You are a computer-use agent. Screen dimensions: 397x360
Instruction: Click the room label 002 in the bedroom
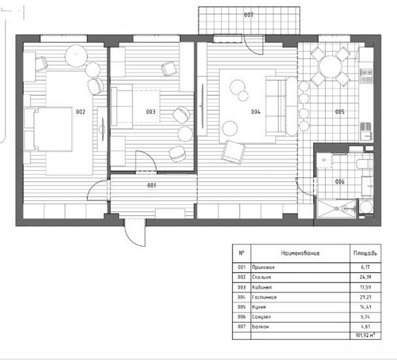tap(80, 112)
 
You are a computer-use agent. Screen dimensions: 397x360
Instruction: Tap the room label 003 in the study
tap(151, 112)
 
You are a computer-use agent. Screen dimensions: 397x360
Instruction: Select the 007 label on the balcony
tap(249, 15)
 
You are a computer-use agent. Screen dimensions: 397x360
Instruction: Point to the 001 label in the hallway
tap(152, 186)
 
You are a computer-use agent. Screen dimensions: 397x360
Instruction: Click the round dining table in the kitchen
tap(330, 67)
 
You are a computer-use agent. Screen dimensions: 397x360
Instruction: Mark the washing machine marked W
tap(324, 160)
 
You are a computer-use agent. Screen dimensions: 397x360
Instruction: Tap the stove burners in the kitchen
tap(366, 76)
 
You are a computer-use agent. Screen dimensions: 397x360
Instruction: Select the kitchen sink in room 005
tap(366, 135)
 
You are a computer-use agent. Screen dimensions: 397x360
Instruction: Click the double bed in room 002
tap(48, 130)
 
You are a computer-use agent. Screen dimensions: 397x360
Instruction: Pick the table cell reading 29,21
tap(365, 297)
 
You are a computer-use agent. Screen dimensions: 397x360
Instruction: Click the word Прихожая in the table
tap(263, 267)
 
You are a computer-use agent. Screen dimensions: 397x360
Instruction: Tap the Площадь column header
tap(365, 253)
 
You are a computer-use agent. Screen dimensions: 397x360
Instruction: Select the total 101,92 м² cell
tap(365, 335)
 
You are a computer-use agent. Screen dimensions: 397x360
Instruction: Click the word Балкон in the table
tap(260, 326)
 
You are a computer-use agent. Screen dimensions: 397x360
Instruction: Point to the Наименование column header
tap(300, 253)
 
